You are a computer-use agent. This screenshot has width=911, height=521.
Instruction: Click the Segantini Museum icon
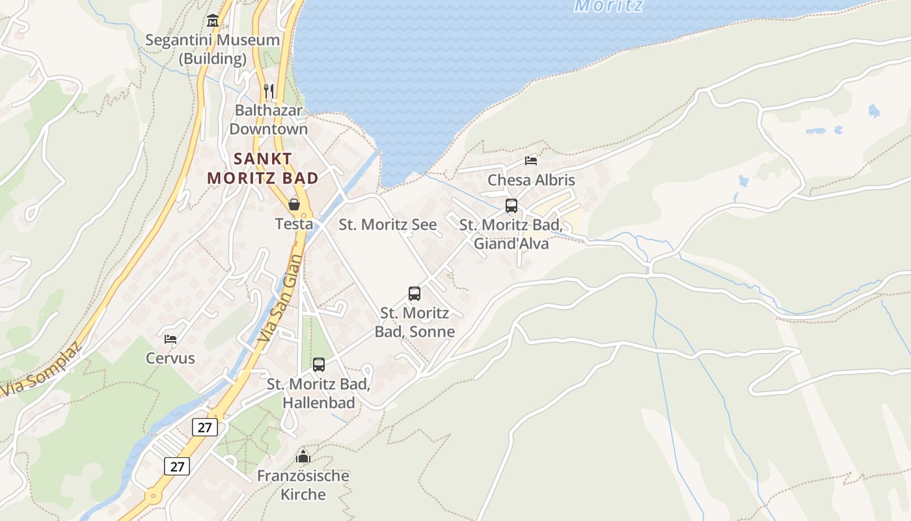212,21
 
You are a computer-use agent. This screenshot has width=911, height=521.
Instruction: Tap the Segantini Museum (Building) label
212,49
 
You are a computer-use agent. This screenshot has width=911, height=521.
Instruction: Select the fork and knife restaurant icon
269,91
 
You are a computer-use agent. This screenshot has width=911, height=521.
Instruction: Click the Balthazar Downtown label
268,119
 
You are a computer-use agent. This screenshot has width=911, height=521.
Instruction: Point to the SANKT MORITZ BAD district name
263,168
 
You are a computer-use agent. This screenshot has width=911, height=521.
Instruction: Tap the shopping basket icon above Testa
294,204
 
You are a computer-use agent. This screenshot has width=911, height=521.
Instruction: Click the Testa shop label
294,224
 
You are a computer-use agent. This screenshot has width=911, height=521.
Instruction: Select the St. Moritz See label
388,225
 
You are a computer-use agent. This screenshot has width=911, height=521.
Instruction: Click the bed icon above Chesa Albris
531,160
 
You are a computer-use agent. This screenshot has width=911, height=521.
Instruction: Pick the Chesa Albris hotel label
531,180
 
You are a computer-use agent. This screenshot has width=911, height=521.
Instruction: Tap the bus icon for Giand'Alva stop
511,206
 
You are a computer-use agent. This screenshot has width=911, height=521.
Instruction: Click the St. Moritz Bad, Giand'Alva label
511,234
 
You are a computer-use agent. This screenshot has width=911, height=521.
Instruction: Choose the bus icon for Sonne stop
415,294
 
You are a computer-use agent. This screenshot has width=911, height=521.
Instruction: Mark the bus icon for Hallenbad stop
319,365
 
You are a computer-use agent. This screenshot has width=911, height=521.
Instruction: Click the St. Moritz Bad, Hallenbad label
319,393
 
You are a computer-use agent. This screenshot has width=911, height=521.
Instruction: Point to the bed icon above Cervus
170,339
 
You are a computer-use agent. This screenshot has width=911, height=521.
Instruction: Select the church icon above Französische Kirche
303,457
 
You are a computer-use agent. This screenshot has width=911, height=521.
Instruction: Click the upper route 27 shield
204,427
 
